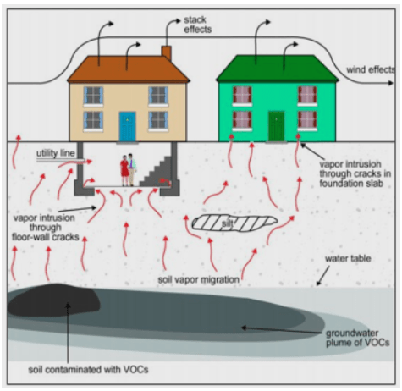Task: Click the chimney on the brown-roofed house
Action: (x=167, y=53)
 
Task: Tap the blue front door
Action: (x=127, y=126)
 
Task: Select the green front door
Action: (x=276, y=126)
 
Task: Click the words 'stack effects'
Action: (x=198, y=25)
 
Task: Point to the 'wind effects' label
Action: (x=371, y=69)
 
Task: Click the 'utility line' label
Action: (x=56, y=153)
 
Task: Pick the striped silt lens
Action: (x=234, y=223)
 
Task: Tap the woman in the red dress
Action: (x=124, y=170)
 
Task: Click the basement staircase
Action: (x=158, y=172)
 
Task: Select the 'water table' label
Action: (x=348, y=258)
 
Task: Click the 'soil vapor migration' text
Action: (x=198, y=279)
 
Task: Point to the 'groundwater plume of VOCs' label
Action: (x=357, y=338)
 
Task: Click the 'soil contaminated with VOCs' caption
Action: (x=88, y=369)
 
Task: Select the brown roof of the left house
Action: (x=129, y=69)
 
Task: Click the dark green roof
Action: (x=278, y=69)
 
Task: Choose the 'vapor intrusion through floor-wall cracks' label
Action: (x=45, y=227)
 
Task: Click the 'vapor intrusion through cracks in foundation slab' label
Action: (x=355, y=173)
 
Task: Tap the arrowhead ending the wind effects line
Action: (x=390, y=83)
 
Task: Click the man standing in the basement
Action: (x=131, y=170)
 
